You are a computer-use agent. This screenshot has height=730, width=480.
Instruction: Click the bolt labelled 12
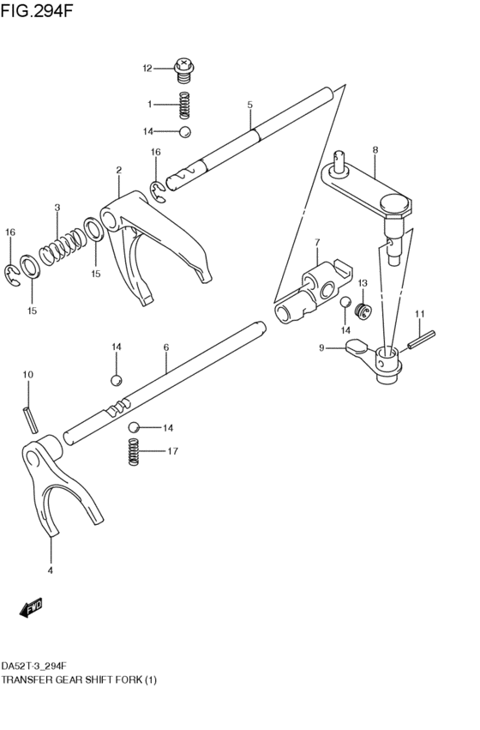tap(184, 69)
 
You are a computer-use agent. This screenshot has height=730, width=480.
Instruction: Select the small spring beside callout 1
tap(185, 106)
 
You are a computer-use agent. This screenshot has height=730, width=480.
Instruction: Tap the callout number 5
tap(249, 105)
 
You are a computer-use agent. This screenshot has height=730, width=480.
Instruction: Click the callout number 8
tap(375, 149)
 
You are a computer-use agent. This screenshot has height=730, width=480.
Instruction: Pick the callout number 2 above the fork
tap(119, 171)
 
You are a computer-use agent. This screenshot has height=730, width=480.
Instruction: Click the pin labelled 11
tap(422, 339)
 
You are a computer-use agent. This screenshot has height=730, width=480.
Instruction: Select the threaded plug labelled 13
tap(363, 311)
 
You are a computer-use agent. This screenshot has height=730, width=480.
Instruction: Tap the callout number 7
tap(317, 242)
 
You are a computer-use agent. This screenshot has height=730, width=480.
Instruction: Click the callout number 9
tap(321, 347)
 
